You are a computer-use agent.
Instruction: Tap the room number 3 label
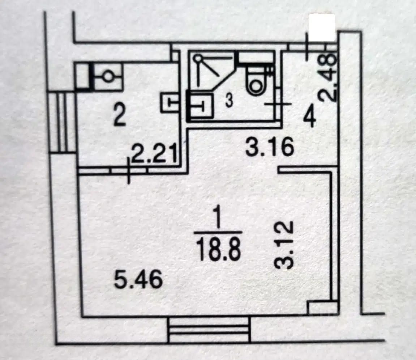pyautogui.click(x=228, y=102)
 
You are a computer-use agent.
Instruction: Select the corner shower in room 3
pyautogui.click(x=210, y=71)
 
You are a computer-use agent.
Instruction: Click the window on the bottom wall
pyautogui.click(x=210, y=330)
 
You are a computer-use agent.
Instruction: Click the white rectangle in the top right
pyautogui.click(x=322, y=27)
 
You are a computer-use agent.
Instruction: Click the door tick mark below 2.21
pyautogui.click(x=129, y=171)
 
